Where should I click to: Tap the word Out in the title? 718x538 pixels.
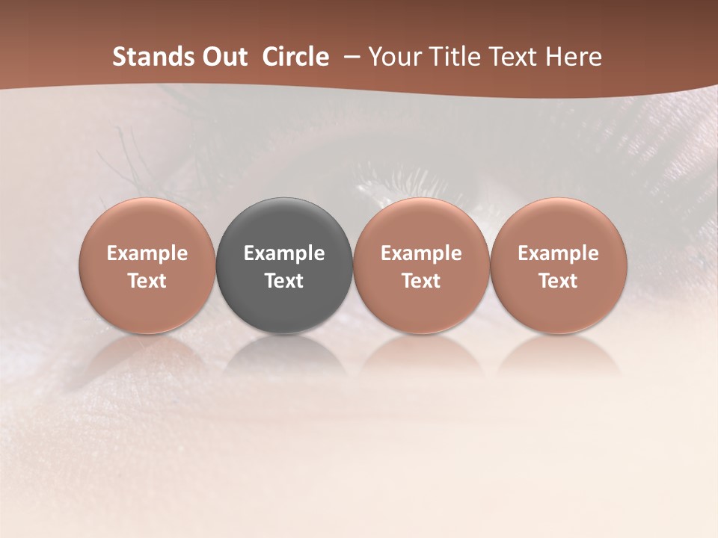(x=225, y=57)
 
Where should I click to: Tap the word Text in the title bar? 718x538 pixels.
(x=509, y=57)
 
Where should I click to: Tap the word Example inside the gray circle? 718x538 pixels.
(x=284, y=253)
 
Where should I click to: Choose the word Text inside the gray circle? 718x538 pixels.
(x=284, y=281)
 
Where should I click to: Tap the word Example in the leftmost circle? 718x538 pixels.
(x=147, y=253)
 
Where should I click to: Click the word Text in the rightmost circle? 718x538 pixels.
(x=559, y=281)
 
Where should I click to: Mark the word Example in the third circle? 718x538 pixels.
(x=421, y=253)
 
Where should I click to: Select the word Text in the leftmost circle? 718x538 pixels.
(x=147, y=281)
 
